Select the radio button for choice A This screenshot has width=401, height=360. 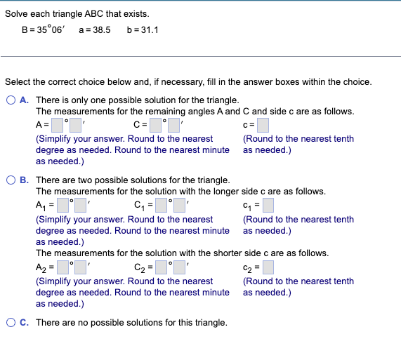(11, 100)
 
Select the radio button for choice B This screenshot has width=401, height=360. (11, 180)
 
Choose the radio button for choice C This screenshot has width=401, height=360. (11, 323)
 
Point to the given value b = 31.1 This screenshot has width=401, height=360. (143, 31)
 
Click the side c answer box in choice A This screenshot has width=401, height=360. (263, 126)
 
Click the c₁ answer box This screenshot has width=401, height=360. (267, 206)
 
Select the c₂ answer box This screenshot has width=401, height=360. (267, 267)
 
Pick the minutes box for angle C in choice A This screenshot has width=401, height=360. (174, 126)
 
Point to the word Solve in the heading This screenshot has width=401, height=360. (17, 14)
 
